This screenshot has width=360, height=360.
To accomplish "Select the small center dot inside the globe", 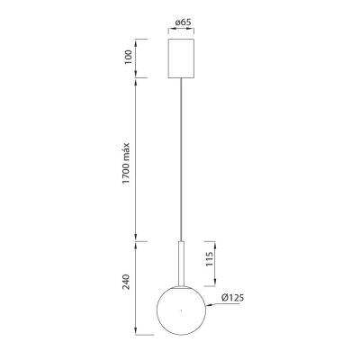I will tap(180, 310).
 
